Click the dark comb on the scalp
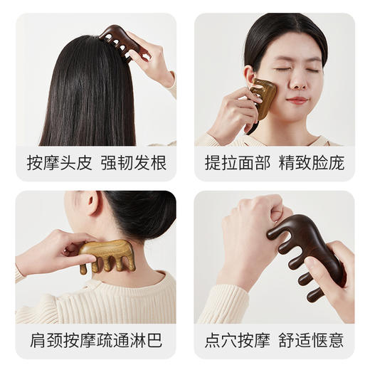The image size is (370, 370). [121, 40]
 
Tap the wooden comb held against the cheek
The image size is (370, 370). [263, 100]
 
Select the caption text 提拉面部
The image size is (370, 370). [234, 163]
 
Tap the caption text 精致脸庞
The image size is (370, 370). [314, 163]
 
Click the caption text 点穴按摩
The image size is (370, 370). [234, 341]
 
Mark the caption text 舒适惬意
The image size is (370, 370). [314, 341]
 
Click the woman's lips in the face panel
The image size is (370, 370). [297, 101]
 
